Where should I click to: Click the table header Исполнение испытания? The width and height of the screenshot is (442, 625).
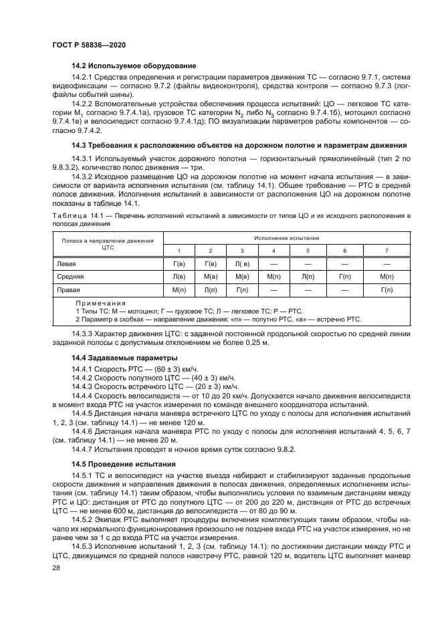pyautogui.click(x=286, y=238)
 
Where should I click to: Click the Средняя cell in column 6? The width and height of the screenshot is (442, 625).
pyautogui.click(x=344, y=277)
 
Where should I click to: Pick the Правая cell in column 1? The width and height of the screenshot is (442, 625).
pyautogui.click(x=179, y=289)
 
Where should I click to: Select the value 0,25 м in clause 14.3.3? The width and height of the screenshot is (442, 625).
pyautogui.click(x=257, y=342)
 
